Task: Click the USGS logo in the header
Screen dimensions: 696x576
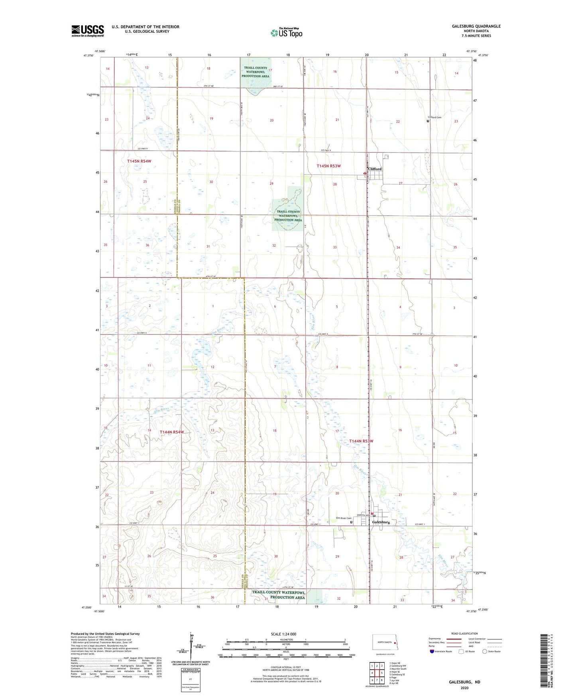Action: tap(88, 31)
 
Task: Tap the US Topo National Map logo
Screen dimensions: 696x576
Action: tap(286, 33)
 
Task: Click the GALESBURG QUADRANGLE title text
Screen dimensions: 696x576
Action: tap(476, 26)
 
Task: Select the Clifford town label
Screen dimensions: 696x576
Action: tap(375, 169)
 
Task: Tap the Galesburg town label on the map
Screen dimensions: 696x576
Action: tap(381, 522)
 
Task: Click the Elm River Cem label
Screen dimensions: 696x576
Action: tap(343, 519)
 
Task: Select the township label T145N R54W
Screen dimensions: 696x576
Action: tap(139, 161)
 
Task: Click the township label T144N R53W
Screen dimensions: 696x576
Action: tap(361, 441)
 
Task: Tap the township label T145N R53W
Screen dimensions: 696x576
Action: tap(328, 166)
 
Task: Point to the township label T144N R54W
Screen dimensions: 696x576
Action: tap(172, 432)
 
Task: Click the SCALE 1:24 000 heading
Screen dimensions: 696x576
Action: tap(283, 634)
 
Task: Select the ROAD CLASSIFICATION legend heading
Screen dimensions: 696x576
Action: tap(464, 633)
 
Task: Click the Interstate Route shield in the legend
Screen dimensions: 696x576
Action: tap(433, 651)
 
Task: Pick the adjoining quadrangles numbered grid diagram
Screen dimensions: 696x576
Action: tap(377, 674)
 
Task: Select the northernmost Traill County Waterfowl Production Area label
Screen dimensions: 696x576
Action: tap(255, 72)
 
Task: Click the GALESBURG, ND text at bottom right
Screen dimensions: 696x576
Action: tap(464, 682)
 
